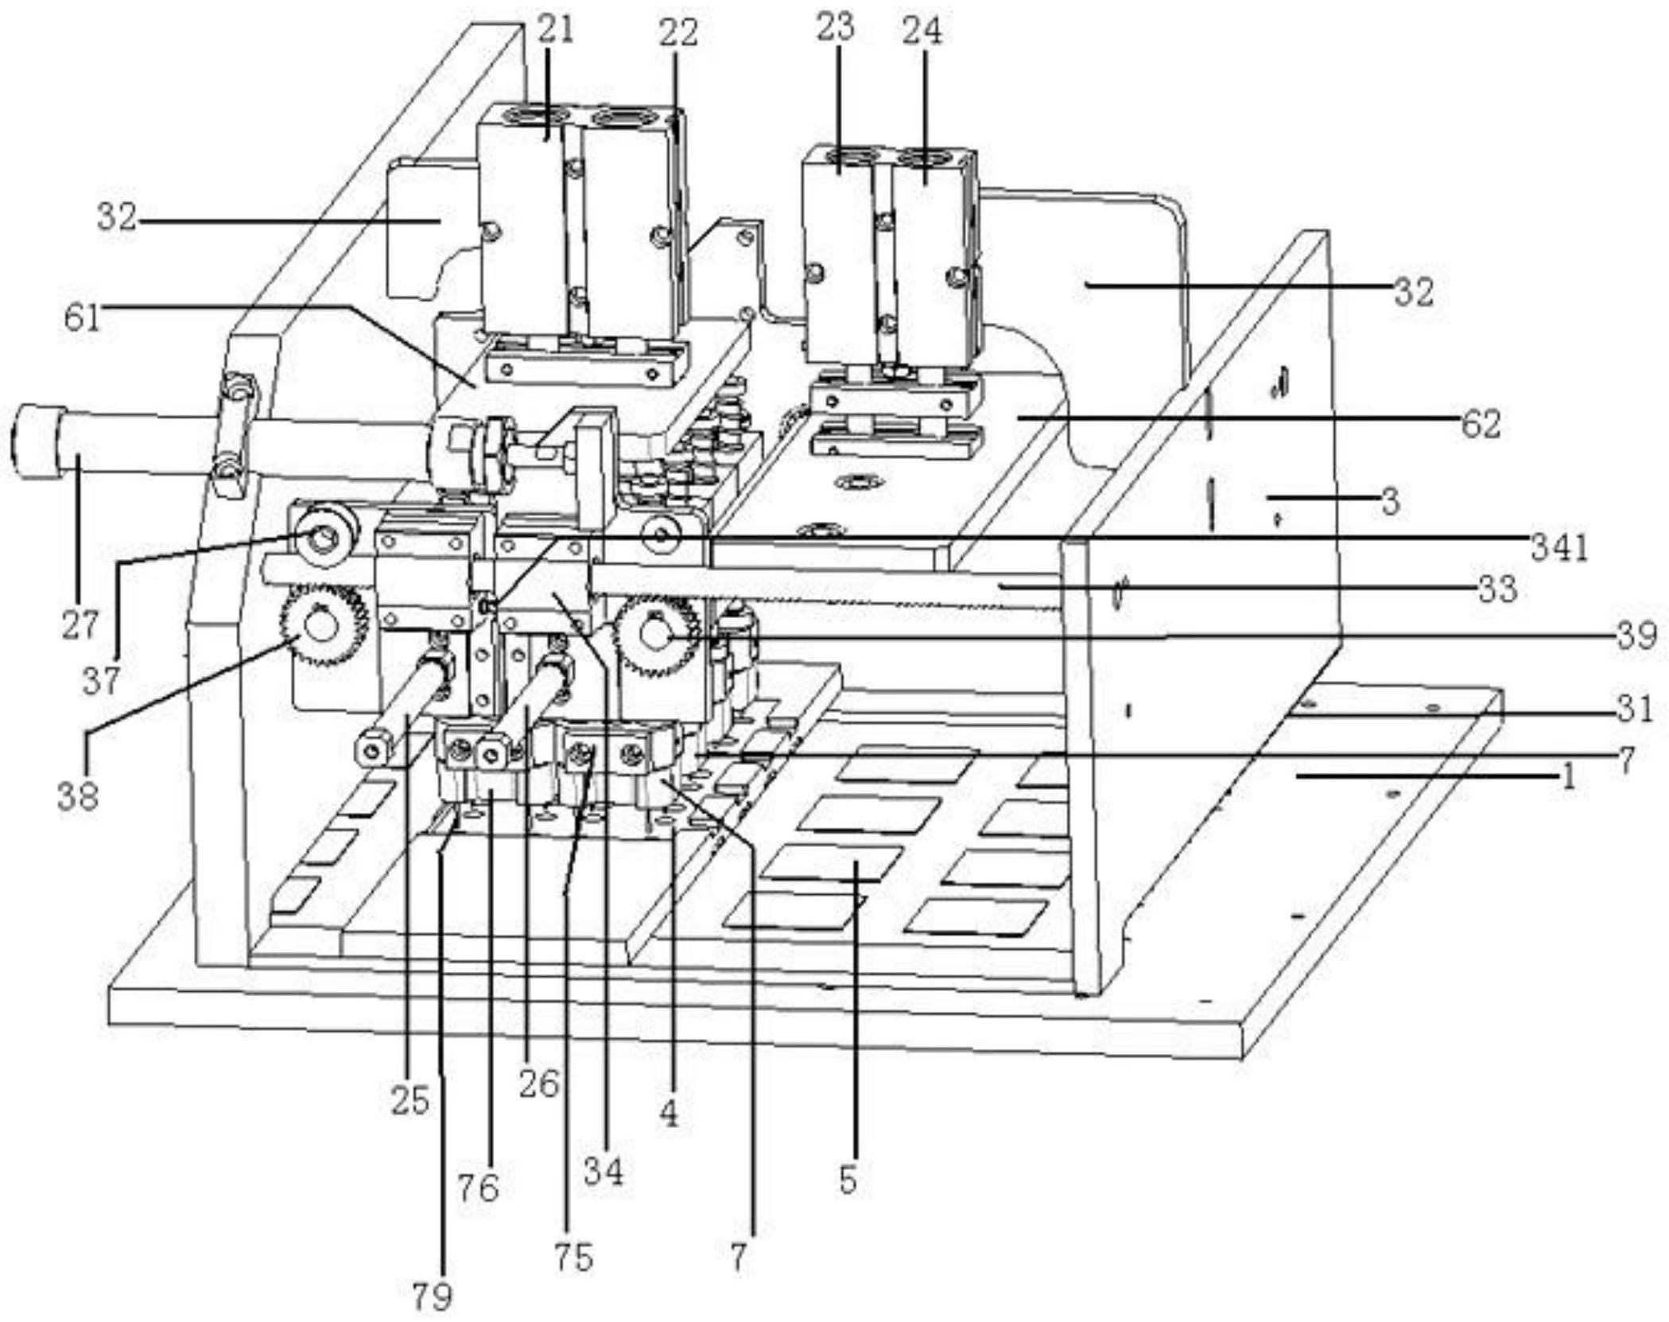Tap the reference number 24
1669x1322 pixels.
pyautogui.click(x=922, y=31)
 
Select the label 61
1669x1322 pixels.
pyautogui.click(x=83, y=318)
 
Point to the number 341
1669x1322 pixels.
pyautogui.click(x=1559, y=548)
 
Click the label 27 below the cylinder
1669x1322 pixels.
pyautogui.click(x=80, y=625)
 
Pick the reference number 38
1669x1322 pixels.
pyautogui.click(x=78, y=795)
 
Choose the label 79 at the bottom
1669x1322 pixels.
pyautogui.click(x=433, y=1297)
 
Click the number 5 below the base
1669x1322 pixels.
pyautogui.click(x=848, y=1180)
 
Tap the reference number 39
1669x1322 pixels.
pyautogui.click(x=1633, y=636)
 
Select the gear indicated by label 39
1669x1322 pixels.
pyautogui.click(x=657, y=634)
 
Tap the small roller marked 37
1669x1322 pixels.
pyautogui.click(x=323, y=538)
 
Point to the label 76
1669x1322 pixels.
pyautogui.click(x=478, y=1188)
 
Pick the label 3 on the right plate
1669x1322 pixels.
pyautogui.click(x=1390, y=501)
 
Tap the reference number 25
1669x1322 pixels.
pyautogui.click(x=410, y=1101)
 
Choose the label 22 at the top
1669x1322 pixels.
pyautogui.click(x=678, y=33)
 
